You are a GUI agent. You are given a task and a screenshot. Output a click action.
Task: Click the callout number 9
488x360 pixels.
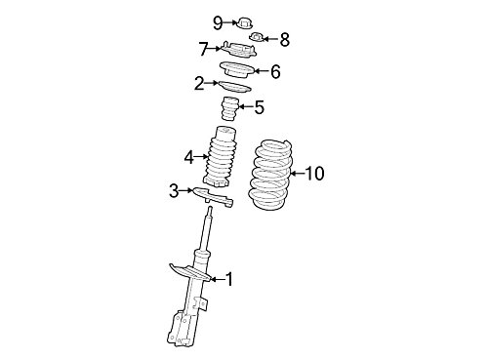(x=218, y=23)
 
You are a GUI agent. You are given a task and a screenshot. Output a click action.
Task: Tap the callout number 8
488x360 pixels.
(x=285, y=40)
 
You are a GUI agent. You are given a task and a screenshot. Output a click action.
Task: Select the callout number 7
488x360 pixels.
(x=204, y=49)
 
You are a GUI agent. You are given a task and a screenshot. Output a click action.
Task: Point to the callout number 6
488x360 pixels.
(x=275, y=71)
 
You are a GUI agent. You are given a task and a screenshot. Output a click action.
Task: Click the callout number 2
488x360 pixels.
(x=199, y=84)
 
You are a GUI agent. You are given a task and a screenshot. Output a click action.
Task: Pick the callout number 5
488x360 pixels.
(x=260, y=107)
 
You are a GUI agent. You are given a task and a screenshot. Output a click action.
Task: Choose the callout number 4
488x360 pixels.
(x=189, y=158)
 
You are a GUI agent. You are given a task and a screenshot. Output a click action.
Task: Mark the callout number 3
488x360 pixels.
(x=174, y=191)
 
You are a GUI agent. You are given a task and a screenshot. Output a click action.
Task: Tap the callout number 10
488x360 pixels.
(x=315, y=174)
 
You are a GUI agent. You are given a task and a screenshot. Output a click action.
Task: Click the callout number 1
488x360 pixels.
(x=229, y=279)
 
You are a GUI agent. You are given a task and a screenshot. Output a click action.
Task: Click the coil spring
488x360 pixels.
(x=270, y=176)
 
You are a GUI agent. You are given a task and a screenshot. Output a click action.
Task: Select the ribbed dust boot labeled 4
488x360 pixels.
(x=220, y=157)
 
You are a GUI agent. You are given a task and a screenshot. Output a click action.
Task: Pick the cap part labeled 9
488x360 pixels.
(x=245, y=23)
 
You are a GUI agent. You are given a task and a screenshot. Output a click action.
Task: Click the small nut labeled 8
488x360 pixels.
(x=258, y=37)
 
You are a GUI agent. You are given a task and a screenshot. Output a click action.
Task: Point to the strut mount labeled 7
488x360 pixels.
(x=239, y=50)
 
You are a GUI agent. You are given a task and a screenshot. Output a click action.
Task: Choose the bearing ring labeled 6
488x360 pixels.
(x=236, y=69)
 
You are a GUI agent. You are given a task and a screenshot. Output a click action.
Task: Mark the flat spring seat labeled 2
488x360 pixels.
(x=234, y=86)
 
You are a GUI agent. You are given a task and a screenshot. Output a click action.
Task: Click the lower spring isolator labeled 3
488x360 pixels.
(x=214, y=197)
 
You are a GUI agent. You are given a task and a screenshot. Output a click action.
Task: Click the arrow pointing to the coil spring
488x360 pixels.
(x=298, y=174)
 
